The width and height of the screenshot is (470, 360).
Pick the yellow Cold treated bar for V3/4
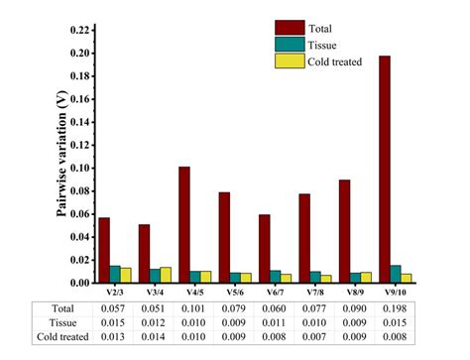click(165, 275)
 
